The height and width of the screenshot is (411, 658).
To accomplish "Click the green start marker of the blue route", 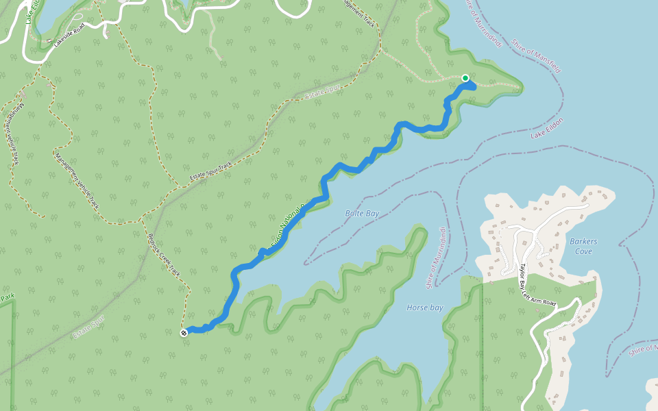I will pyautogui.click(x=465, y=78).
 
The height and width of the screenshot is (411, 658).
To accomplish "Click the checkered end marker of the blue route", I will pyautogui.click(x=184, y=333).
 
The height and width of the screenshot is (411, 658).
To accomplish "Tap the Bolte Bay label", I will pyautogui.click(x=362, y=214).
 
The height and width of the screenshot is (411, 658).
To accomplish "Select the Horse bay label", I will pyautogui.click(x=424, y=308).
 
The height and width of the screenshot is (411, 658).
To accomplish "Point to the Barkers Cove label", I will pyautogui.click(x=583, y=246).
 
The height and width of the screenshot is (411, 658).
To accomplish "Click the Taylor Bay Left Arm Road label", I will pyautogui.click(x=535, y=287).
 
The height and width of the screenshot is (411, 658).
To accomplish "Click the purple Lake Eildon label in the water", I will pyautogui.click(x=546, y=128).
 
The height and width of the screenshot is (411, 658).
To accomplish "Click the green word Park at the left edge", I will pyautogui.click(x=7, y=298).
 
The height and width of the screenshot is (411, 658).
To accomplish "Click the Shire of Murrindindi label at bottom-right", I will pyautogui.click(x=643, y=349).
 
